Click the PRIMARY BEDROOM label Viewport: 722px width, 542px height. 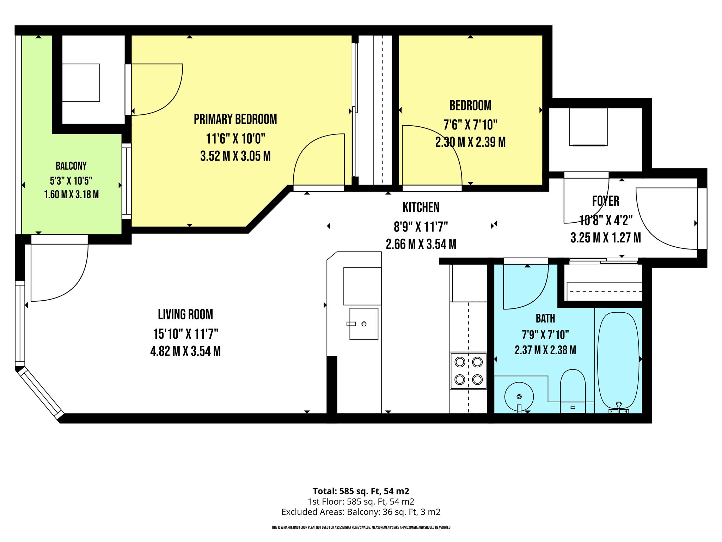coord(235,119)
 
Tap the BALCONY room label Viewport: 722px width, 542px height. coord(71,166)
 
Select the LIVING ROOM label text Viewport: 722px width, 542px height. coord(185,314)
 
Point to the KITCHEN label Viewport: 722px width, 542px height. coord(421,207)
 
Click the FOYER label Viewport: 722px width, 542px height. coord(606,201)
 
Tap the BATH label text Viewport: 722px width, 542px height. coord(545,319)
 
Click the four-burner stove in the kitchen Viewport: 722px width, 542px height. coord(469,371)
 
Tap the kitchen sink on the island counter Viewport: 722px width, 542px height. coord(364,324)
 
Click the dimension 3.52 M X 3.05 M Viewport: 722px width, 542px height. coord(235,156)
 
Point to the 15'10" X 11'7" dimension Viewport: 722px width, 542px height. coord(185,333)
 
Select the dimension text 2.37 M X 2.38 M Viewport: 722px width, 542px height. coord(545,350)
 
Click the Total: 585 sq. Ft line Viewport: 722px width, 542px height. coord(361,491)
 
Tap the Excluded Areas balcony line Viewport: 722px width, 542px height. coord(361,512)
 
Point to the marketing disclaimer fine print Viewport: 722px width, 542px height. coord(361,528)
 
